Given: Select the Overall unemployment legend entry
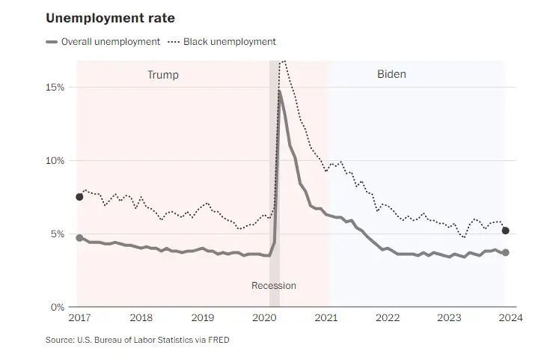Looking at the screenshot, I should pos(110,42).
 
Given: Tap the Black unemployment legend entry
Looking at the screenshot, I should pos(229,42).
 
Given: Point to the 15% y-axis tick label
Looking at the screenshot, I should pos(56,88).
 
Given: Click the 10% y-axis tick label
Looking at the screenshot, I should pos(56,161).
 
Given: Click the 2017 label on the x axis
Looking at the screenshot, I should pos(79,317).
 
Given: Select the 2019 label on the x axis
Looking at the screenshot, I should pos(202,317).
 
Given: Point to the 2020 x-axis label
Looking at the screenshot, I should pos(264,317).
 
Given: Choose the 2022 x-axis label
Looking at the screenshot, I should pos(388,317).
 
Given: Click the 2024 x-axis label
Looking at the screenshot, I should pos(511,317).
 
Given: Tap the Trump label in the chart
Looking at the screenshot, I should pos(163,75).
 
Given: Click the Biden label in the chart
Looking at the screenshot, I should pos(391,75).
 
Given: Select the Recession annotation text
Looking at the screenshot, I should pos(274,285).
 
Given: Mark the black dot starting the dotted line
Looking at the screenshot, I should pos(79,197).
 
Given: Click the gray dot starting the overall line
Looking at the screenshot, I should pos(79,237).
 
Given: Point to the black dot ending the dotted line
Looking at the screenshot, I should pos(506,231).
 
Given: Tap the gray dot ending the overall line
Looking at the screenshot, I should pos(506,252).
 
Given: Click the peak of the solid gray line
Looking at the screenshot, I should pos(279,92).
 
